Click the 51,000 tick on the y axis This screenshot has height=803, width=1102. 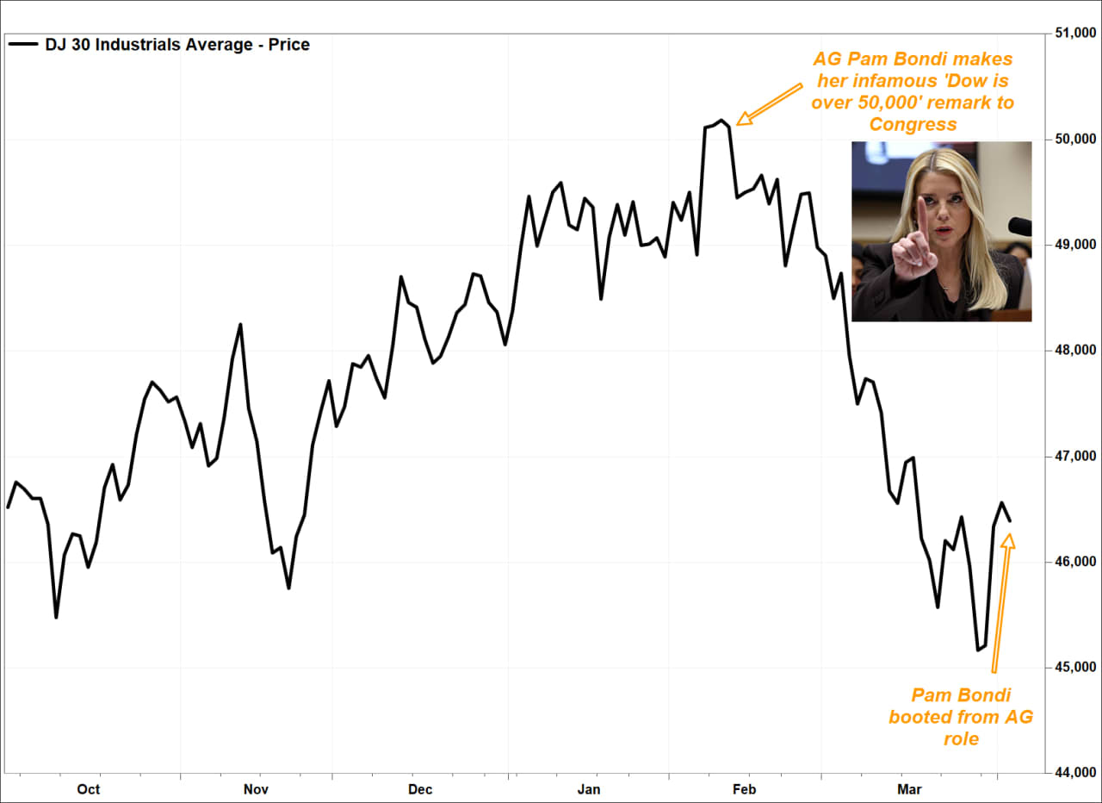coord(1071,34)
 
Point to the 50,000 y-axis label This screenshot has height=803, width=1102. coord(1071,140)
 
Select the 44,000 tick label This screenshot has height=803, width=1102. coord(1071,773)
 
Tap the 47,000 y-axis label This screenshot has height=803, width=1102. coord(1071,457)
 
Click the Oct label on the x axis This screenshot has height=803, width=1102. coord(88,789)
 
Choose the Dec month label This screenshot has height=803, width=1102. coord(420,789)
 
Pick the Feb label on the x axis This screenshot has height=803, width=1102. coord(744,789)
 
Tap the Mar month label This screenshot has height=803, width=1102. coord(909,789)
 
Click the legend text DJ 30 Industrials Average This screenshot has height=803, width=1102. coord(177,45)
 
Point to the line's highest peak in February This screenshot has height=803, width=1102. coord(721,121)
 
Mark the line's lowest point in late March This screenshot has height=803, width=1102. coord(978,650)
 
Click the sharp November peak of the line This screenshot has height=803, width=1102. coord(240,325)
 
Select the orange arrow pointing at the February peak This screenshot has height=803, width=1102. coord(768,104)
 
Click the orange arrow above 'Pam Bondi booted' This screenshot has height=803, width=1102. coord(1000,603)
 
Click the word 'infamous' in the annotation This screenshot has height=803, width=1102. coord(918,81)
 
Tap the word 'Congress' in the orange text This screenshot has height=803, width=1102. coord(913,124)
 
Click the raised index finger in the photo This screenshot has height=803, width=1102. coord(920,215)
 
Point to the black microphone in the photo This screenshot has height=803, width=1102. coord(1020,227)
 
